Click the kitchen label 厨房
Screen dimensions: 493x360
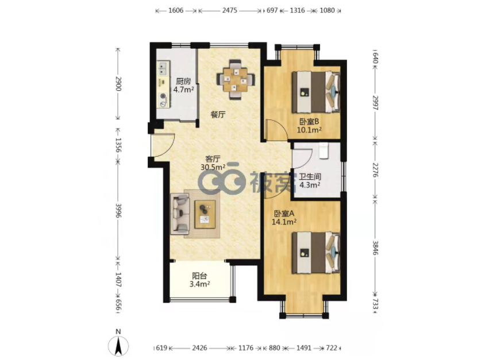click(x=183, y=82)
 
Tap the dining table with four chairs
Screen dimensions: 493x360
click(x=236, y=79)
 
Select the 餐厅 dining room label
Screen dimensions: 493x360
click(x=218, y=115)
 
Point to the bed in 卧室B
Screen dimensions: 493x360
click(x=316, y=92)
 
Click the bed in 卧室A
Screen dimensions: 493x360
click(x=316, y=253)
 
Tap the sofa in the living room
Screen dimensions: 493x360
click(x=180, y=214)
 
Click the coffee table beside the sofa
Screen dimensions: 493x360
click(x=205, y=214)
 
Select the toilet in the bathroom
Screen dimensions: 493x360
click(x=323, y=150)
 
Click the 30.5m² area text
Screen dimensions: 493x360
click(x=213, y=167)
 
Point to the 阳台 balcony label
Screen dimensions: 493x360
click(x=199, y=276)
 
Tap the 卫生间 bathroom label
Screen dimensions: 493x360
click(x=310, y=176)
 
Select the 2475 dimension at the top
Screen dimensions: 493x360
click(x=229, y=10)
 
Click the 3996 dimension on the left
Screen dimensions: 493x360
click(x=118, y=210)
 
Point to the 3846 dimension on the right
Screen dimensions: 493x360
click(x=375, y=247)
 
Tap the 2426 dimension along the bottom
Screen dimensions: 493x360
click(x=199, y=348)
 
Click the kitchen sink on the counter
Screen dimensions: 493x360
click(x=163, y=68)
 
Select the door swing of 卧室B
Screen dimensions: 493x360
click(x=277, y=129)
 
